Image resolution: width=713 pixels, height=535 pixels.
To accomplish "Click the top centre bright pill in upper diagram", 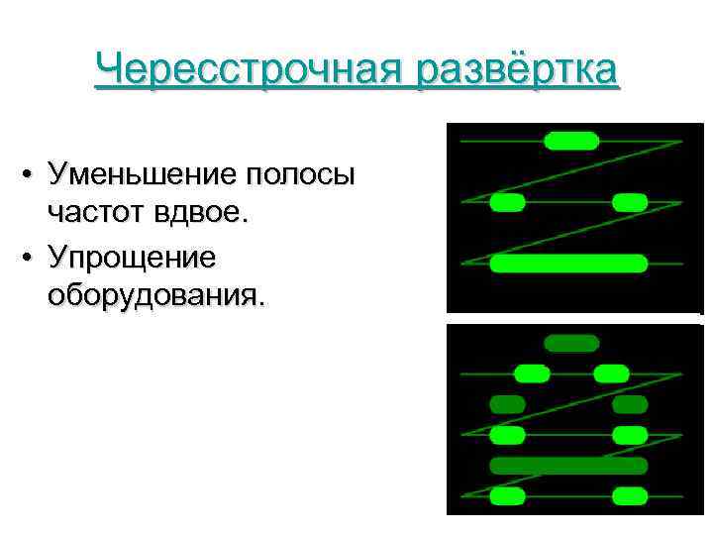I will [x=572, y=141].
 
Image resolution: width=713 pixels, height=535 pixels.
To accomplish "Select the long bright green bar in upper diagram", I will [x=568, y=264].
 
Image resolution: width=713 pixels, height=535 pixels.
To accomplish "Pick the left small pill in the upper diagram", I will [x=508, y=203].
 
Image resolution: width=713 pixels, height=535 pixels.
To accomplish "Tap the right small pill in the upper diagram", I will [x=630, y=203].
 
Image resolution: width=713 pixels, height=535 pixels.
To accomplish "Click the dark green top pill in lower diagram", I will [x=573, y=344].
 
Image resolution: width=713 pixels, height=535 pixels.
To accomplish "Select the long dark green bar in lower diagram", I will [x=568, y=466].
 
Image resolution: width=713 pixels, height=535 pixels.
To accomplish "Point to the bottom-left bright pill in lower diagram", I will [x=508, y=495].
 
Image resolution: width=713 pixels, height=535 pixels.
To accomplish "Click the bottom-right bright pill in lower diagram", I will [x=630, y=495].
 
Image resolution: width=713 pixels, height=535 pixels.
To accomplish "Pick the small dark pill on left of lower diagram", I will [x=508, y=404].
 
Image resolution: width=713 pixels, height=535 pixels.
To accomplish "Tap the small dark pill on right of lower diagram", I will [x=630, y=404].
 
